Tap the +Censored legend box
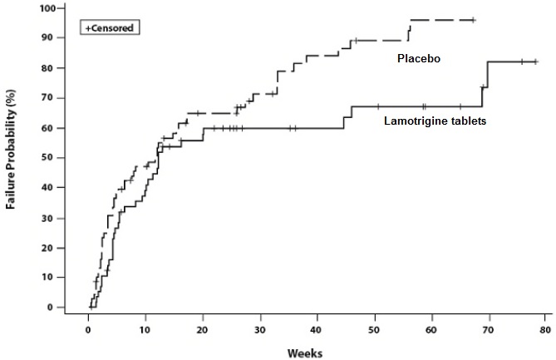tap(109, 27)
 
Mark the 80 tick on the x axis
tap(545, 329)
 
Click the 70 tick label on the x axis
tap(489, 329)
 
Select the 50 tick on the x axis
tap(374, 329)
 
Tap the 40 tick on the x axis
tap(317, 329)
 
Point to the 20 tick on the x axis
tap(203, 329)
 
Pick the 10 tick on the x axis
tap(145, 329)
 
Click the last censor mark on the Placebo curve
tap(473, 19)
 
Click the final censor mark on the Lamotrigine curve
tap(536, 62)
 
